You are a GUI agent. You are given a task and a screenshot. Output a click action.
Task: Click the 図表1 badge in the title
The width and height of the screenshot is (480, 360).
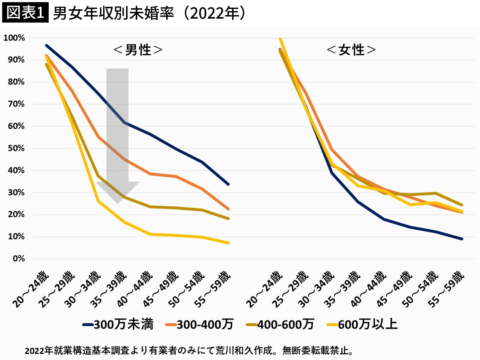pos(25,13)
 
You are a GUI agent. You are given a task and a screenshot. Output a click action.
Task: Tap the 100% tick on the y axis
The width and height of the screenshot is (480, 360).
pos(14,38)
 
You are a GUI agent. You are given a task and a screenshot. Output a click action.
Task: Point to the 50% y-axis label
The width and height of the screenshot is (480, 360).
pos(16,148)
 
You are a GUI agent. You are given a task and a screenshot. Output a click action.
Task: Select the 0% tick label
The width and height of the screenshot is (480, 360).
pos(19,259)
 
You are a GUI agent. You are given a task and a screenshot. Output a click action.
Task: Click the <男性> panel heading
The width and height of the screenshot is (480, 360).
pos(138,50)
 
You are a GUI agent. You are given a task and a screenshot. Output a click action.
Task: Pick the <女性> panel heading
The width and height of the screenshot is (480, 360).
pos(351,50)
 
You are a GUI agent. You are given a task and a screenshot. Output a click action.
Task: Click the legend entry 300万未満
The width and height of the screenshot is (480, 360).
pos(118,324)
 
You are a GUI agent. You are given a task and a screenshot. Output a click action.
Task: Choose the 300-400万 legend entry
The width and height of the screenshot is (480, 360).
pos(200,324)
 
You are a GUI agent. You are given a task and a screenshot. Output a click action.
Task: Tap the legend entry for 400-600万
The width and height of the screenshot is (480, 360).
pos(280,324)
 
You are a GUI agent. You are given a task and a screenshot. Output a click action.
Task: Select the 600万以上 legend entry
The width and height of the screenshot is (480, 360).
pos(362,324)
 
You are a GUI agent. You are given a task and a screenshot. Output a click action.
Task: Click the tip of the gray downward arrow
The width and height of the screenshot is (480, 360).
pos(117,203)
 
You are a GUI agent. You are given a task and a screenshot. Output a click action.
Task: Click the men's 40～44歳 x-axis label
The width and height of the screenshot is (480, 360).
pos(135,289)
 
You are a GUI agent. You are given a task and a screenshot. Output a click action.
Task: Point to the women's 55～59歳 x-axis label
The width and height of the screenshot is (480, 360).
pos(446,289)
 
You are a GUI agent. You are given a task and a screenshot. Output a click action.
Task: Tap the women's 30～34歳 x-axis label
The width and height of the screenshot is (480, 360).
pos(316,289)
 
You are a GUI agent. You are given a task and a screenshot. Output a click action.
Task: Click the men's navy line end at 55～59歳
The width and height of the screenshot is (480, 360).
pos(228,184)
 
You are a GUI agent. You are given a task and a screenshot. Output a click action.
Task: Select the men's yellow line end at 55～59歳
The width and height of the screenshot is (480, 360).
pos(228,243)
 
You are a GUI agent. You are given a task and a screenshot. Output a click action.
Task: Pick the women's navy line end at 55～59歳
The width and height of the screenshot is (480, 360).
pos(462,239)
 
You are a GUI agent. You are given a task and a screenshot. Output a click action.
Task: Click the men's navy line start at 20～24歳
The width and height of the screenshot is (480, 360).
pos(46,45)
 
